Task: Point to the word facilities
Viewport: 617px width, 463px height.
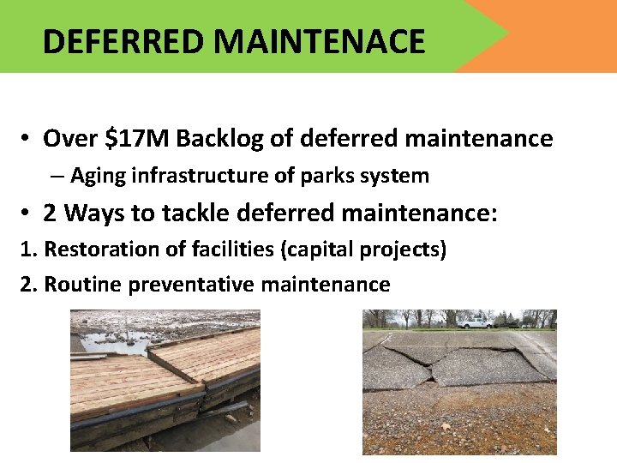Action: point(213,250)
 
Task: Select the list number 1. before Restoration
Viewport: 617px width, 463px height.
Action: point(28,250)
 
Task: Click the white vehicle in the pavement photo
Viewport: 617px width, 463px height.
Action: point(475,322)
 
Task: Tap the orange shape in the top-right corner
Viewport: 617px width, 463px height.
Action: point(557,34)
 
